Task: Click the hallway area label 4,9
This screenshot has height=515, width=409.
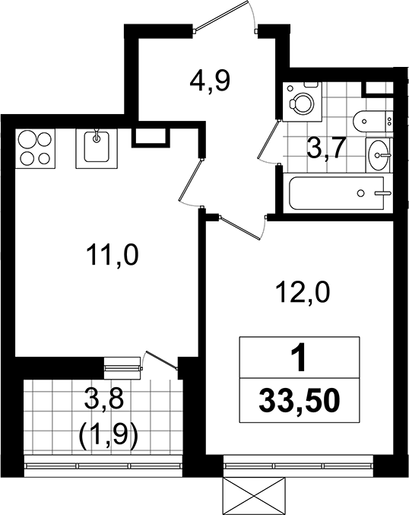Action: pos(210,81)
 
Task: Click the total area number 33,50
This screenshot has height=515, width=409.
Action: pos(299,400)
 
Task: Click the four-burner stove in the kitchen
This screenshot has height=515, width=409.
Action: pos(36,148)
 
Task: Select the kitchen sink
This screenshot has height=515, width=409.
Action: pos(97,148)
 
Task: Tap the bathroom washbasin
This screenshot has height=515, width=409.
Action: pos(379,154)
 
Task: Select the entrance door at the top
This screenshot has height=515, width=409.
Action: pos(226,17)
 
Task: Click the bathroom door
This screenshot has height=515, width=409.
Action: pos(269,142)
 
